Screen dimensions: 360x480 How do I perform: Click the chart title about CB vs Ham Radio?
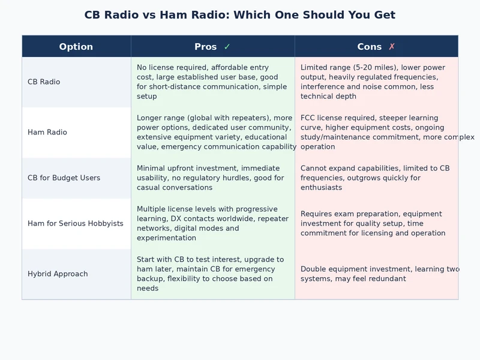240,15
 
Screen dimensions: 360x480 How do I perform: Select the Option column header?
76,47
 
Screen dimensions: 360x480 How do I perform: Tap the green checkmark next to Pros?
227,47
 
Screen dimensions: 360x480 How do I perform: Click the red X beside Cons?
392,47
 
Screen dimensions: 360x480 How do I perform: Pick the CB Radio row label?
44,82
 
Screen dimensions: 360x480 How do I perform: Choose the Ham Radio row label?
47,132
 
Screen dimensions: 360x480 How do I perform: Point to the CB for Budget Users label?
64,178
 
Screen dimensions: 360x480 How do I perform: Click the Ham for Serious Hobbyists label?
76,223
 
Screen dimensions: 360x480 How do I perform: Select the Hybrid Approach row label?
58,274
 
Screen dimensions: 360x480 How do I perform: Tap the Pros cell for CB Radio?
212,82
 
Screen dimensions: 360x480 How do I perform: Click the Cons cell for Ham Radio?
376,132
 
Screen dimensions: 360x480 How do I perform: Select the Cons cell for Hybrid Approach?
376,274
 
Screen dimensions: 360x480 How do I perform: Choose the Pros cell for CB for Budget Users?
212,178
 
